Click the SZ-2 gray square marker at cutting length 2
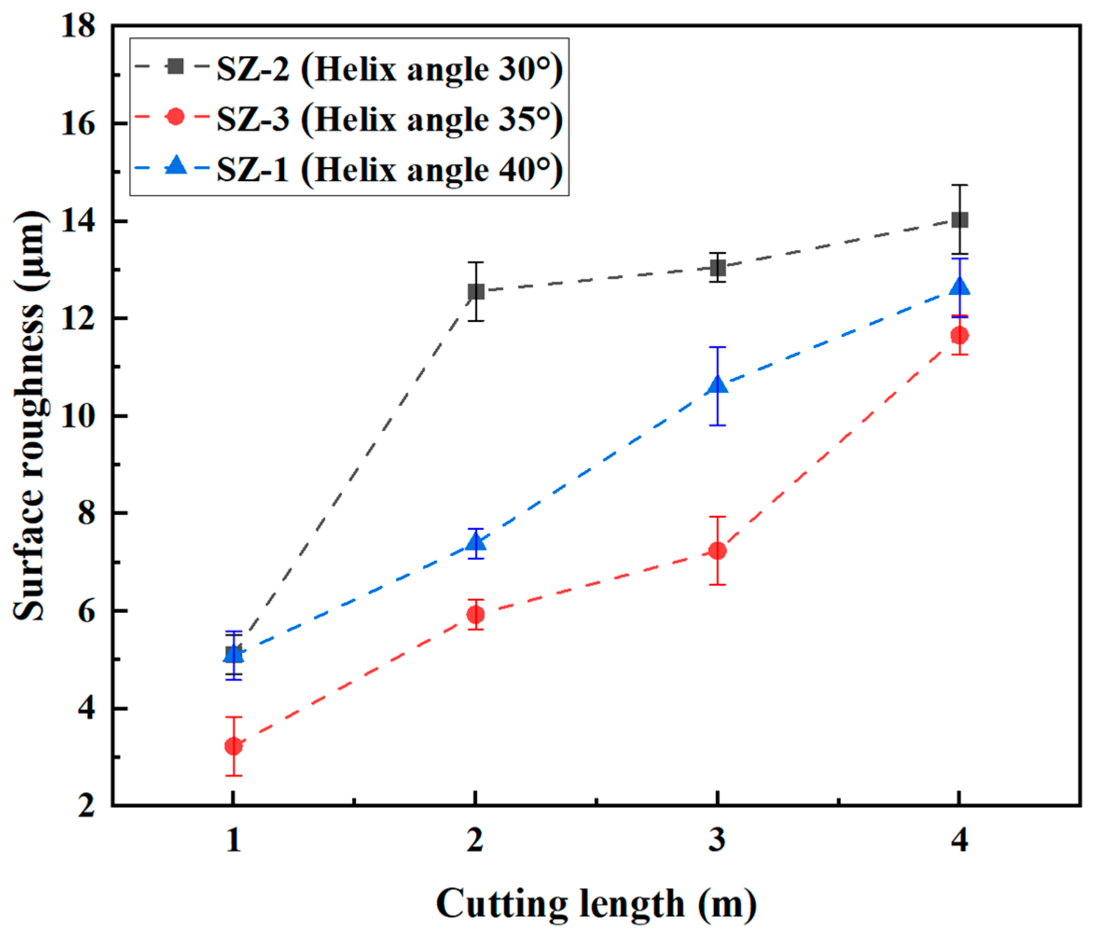pos(476,291)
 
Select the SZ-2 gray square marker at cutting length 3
pos(717,268)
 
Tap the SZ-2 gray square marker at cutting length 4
pos(959,220)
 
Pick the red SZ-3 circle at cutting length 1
pos(233,746)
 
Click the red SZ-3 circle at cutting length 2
pos(475,614)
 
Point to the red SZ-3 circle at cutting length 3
pos(717,551)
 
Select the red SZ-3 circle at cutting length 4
pos(959,335)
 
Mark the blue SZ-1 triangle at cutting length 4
pos(959,287)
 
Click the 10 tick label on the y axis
pos(78,417)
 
